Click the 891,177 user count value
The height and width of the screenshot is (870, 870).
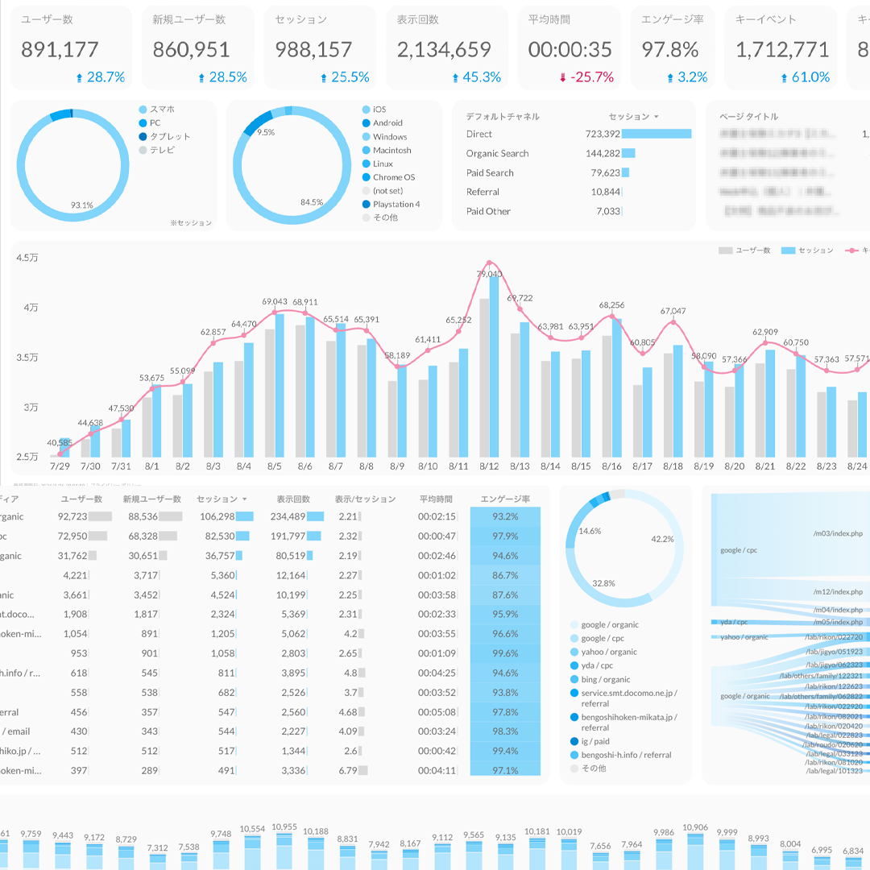[60, 50]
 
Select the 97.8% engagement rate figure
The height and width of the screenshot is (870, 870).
[669, 50]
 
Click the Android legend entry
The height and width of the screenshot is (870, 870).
[387, 123]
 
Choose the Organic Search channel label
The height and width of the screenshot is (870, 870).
[497, 154]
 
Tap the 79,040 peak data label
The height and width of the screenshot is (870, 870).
[489, 275]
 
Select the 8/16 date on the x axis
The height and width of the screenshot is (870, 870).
[611, 466]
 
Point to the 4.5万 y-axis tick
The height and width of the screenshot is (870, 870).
[27, 259]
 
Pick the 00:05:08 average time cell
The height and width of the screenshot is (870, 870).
[437, 712]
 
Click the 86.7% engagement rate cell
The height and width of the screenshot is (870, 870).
[505, 576]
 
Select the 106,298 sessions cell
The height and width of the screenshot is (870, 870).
[217, 517]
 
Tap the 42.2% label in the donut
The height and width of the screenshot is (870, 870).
[662, 539]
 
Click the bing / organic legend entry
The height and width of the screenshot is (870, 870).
[606, 680]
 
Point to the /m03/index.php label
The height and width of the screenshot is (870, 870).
[838, 533]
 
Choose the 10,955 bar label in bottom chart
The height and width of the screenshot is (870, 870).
[284, 827]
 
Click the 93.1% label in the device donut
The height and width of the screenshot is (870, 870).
[81, 205]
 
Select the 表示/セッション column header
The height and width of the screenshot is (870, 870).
[365, 499]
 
